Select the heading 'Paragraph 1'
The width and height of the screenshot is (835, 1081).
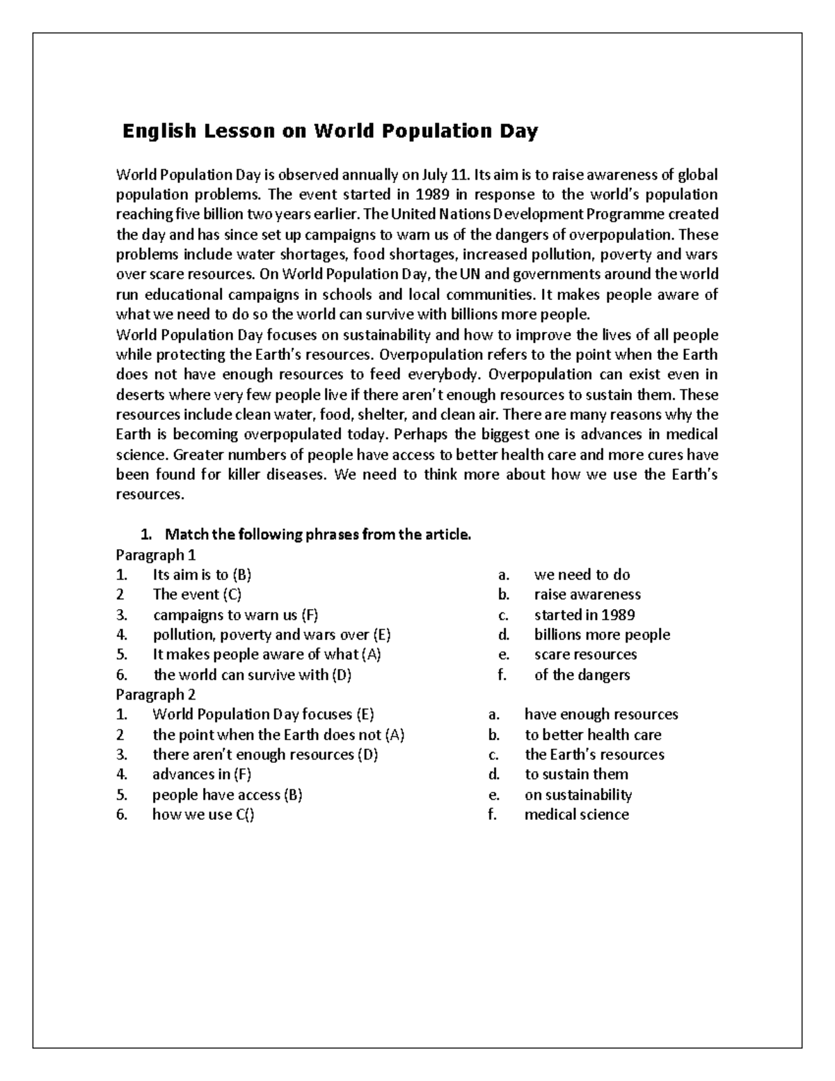156,555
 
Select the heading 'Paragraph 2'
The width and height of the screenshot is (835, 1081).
156,694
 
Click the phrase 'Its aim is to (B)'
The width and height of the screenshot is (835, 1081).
202,575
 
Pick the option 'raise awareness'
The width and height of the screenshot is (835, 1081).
587,594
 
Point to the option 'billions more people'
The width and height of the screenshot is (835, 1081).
602,635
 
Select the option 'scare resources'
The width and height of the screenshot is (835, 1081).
585,654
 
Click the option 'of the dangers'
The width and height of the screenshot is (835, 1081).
582,674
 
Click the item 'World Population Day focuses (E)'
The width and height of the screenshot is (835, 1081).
263,714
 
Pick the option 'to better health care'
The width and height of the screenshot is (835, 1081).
593,734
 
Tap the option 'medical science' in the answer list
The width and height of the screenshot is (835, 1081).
576,814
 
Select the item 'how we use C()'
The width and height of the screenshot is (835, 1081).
203,814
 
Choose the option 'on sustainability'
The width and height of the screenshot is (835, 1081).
578,794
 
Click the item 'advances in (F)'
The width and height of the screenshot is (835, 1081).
202,774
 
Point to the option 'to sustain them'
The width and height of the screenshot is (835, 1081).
576,774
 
